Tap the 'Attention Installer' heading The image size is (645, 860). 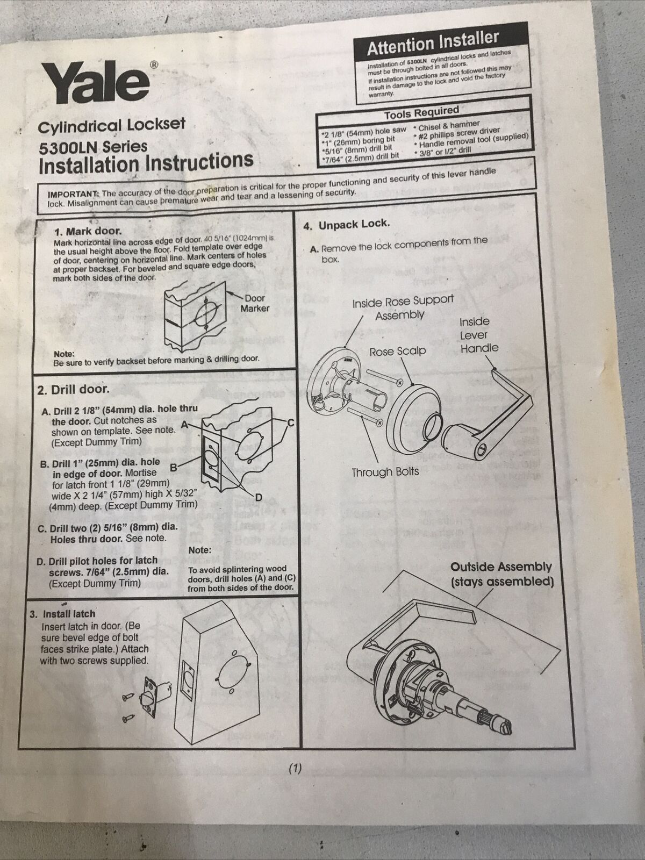(433, 43)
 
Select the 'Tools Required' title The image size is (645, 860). (421, 113)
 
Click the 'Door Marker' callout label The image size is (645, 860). (255, 303)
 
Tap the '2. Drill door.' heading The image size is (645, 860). (73, 390)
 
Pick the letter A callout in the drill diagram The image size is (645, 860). (185, 425)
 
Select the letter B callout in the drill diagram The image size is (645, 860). (174, 468)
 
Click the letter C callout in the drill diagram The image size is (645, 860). (290, 423)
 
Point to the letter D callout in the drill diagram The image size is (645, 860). (259, 498)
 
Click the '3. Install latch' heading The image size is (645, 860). (63, 614)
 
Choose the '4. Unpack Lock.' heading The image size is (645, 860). (347, 225)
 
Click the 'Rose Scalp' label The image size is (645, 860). (398, 352)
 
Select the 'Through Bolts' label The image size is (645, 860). (385, 472)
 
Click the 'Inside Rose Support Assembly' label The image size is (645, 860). (403, 307)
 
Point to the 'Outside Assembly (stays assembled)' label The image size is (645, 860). (501, 575)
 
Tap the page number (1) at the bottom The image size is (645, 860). (295, 768)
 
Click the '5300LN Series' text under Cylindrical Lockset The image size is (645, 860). (93, 147)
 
